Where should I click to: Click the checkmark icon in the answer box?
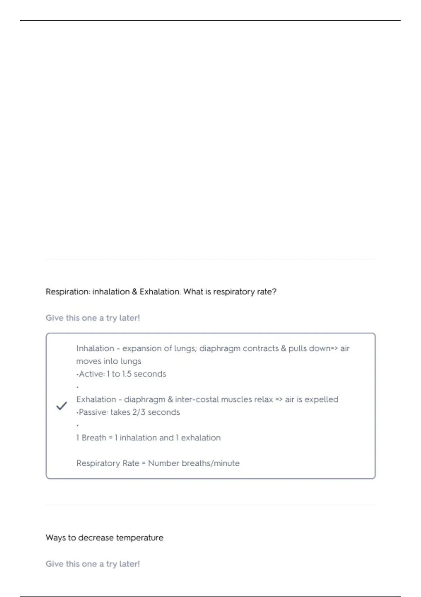tap(61, 406)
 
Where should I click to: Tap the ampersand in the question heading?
tap(135, 292)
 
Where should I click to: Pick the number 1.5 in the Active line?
tap(126, 374)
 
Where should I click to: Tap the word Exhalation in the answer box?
tap(96, 400)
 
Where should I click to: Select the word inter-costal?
tap(197, 400)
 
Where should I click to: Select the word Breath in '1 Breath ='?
tap(94, 438)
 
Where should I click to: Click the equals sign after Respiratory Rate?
tap(143, 464)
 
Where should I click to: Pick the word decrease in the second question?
tap(96, 538)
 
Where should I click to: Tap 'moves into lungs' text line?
tap(109, 361)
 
